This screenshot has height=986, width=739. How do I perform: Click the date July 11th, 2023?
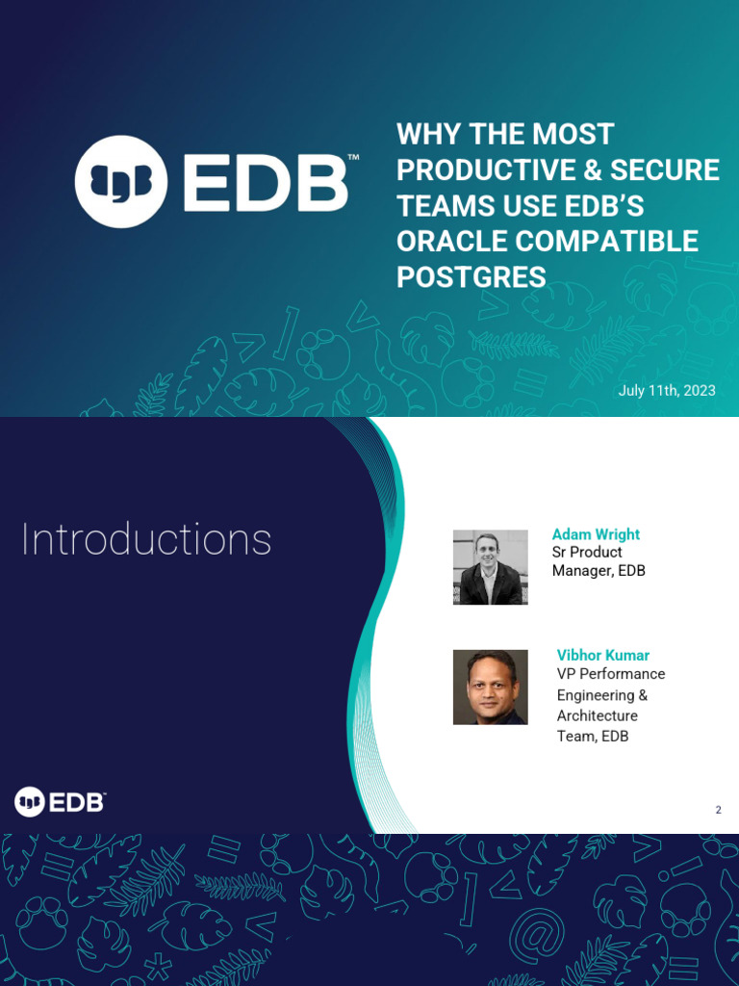pyautogui.click(x=667, y=391)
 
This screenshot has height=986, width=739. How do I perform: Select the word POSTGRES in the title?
pyautogui.click(x=471, y=276)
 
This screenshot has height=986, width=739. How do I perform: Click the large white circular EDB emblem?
pyautogui.click(x=121, y=182)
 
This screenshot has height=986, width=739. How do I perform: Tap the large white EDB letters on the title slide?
pyautogui.click(x=265, y=182)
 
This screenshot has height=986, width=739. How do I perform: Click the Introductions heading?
pyautogui.click(x=146, y=540)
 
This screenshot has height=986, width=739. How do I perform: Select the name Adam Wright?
pyautogui.click(x=596, y=534)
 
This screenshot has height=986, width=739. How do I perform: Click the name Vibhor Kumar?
pyautogui.click(x=603, y=655)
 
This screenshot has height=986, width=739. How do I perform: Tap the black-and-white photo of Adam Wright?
pyautogui.click(x=491, y=567)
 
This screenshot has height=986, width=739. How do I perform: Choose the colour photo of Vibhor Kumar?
pyautogui.click(x=491, y=687)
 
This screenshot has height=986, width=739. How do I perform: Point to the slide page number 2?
pyautogui.click(x=718, y=810)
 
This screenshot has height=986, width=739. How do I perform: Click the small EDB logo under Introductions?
pyautogui.click(x=60, y=801)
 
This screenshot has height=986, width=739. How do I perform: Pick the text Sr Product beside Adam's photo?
pyautogui.click(x=587, y=552)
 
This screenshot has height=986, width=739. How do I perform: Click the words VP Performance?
pyautogui.click(x=611, y=674)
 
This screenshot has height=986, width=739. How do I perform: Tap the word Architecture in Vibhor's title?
pyautogui.click(x=598, y=715)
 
